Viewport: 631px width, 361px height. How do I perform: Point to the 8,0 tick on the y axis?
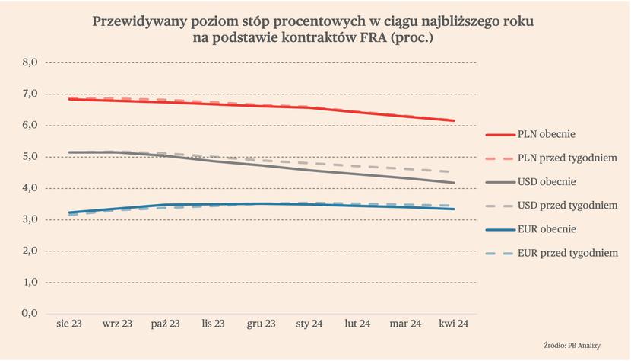pos(31,62)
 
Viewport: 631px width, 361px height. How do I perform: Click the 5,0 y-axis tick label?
pos(31,157)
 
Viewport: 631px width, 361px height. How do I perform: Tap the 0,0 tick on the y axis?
pos(31,313)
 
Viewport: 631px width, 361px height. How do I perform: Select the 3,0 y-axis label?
pos(31,219)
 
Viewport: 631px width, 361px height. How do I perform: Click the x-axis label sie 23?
pos(69,324)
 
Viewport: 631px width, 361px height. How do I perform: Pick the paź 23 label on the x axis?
pos(165,324)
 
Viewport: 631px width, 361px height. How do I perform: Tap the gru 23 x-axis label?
pos(261,324)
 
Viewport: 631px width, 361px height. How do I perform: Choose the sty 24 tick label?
pos(309,324)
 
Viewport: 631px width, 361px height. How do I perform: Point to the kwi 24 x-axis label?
pos(453,324)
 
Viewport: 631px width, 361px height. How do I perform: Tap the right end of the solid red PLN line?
pos(454,120)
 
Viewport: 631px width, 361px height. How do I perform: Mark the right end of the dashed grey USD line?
pos(454,172)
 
